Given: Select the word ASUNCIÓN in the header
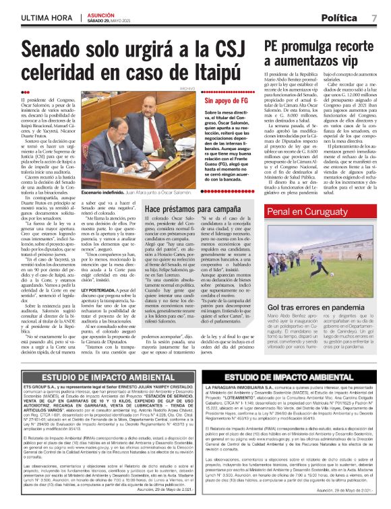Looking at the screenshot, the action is pos(103,13).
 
